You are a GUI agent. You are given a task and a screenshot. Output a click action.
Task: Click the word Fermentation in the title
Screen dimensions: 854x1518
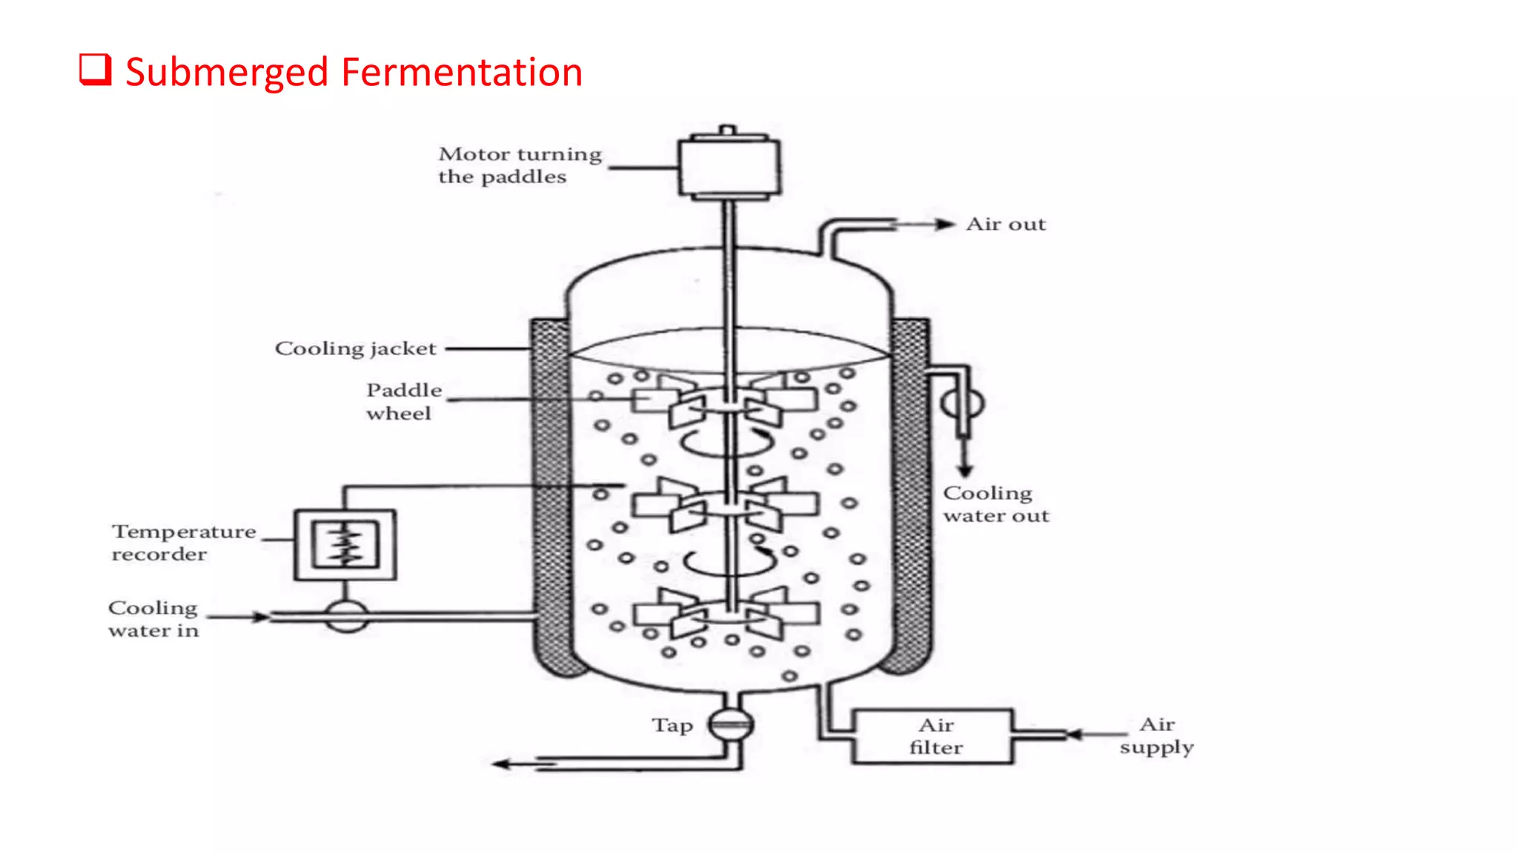pos(461,73)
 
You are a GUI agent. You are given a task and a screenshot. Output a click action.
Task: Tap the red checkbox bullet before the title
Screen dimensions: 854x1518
pos(96,70)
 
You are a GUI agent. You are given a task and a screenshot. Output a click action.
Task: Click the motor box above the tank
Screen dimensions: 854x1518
pos(729,167)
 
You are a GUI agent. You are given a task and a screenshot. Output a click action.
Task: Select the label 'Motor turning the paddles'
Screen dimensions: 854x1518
pos(519,165)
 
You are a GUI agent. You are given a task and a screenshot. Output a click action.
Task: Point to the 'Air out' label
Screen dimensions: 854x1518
pos(1006,225)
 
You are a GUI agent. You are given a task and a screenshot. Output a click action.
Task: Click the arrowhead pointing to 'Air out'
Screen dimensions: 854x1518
pos(945,225)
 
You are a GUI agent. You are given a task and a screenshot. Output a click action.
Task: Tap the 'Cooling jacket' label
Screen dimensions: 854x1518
pos(355,348)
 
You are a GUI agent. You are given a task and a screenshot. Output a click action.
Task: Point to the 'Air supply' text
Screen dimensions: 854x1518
pos(1156,735)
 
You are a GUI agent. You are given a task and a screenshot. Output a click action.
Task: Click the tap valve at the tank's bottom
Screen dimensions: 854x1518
pos(730,724)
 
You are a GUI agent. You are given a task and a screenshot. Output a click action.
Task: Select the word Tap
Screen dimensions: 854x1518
pos(672,725)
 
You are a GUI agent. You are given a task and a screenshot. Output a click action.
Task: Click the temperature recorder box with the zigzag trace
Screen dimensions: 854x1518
pos(345,545)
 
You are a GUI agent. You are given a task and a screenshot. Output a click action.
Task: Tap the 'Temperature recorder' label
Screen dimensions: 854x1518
pos(183,543)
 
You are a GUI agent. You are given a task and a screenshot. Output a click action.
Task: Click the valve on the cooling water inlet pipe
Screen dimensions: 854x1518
pos(346,616)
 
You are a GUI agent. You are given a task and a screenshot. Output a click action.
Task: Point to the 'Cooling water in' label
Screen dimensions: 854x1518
pos(153,619)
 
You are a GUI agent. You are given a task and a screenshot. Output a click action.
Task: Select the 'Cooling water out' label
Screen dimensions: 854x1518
pos(995,504)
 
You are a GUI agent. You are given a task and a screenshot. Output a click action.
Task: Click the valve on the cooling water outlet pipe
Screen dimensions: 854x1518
pos(963,404)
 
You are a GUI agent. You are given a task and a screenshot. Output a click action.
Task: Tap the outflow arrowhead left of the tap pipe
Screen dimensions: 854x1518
pos(503,764)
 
